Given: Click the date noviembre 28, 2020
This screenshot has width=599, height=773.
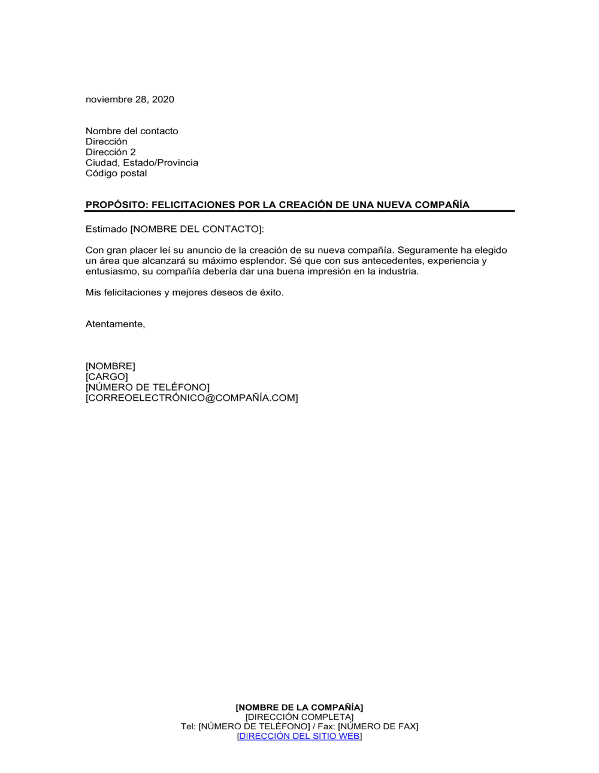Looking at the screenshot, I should click(x=129, y=99).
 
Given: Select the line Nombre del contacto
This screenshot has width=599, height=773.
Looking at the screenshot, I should click(x=132, y=131).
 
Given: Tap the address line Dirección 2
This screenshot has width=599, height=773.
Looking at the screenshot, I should click(x=111, y=152).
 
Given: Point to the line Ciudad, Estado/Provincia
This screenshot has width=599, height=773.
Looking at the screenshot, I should click(x=141, y=163).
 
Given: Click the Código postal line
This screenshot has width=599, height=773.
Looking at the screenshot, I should click(x=116, y=173).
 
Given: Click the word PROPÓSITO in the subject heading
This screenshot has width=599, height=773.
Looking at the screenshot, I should click(x=116, y=205).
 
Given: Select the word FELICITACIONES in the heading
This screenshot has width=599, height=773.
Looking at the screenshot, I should click(x=193, y=205).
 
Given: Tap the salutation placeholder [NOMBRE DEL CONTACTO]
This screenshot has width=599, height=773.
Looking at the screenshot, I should click(x=196, y=229).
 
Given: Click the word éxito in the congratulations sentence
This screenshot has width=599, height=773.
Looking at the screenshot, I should click(x=270, y=292).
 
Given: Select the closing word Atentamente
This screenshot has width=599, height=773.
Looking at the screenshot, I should click(x=114, y=324).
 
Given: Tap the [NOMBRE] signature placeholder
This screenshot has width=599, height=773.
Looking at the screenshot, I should click(x=110, y=366).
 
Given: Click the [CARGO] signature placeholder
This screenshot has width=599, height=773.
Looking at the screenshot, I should click(x=107, y=377).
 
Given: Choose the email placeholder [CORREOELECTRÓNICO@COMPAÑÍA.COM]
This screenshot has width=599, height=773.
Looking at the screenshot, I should click(x=192, y=398).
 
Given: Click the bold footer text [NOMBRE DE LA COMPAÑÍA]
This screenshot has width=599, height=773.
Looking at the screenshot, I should click(x=299, y=708).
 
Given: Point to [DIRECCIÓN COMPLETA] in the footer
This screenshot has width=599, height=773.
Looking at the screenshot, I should click(x=299, y=717).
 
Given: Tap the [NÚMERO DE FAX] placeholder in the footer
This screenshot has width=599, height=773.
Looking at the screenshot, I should click(x=378, y=726).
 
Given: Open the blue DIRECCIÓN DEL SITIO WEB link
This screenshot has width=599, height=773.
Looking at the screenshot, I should click(x=299, y=736).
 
